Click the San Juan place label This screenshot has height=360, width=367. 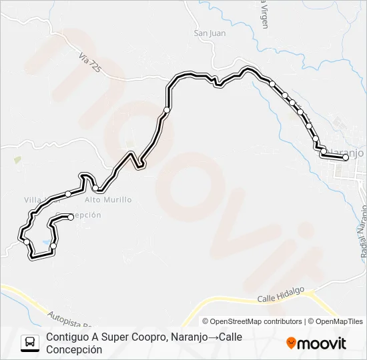tap(210, 33)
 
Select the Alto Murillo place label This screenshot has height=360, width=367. tap(108, 199)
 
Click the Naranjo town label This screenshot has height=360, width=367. tap(348, 152)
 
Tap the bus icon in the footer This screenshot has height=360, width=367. tap(31, 343)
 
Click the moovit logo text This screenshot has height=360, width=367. tap(322, 343)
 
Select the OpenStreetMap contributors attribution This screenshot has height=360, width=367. tap(256, 321)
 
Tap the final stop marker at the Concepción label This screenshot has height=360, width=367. tap(70, 217)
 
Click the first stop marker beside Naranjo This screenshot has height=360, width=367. tap(346, 158)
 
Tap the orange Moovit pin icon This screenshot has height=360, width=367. tap(291, 343)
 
